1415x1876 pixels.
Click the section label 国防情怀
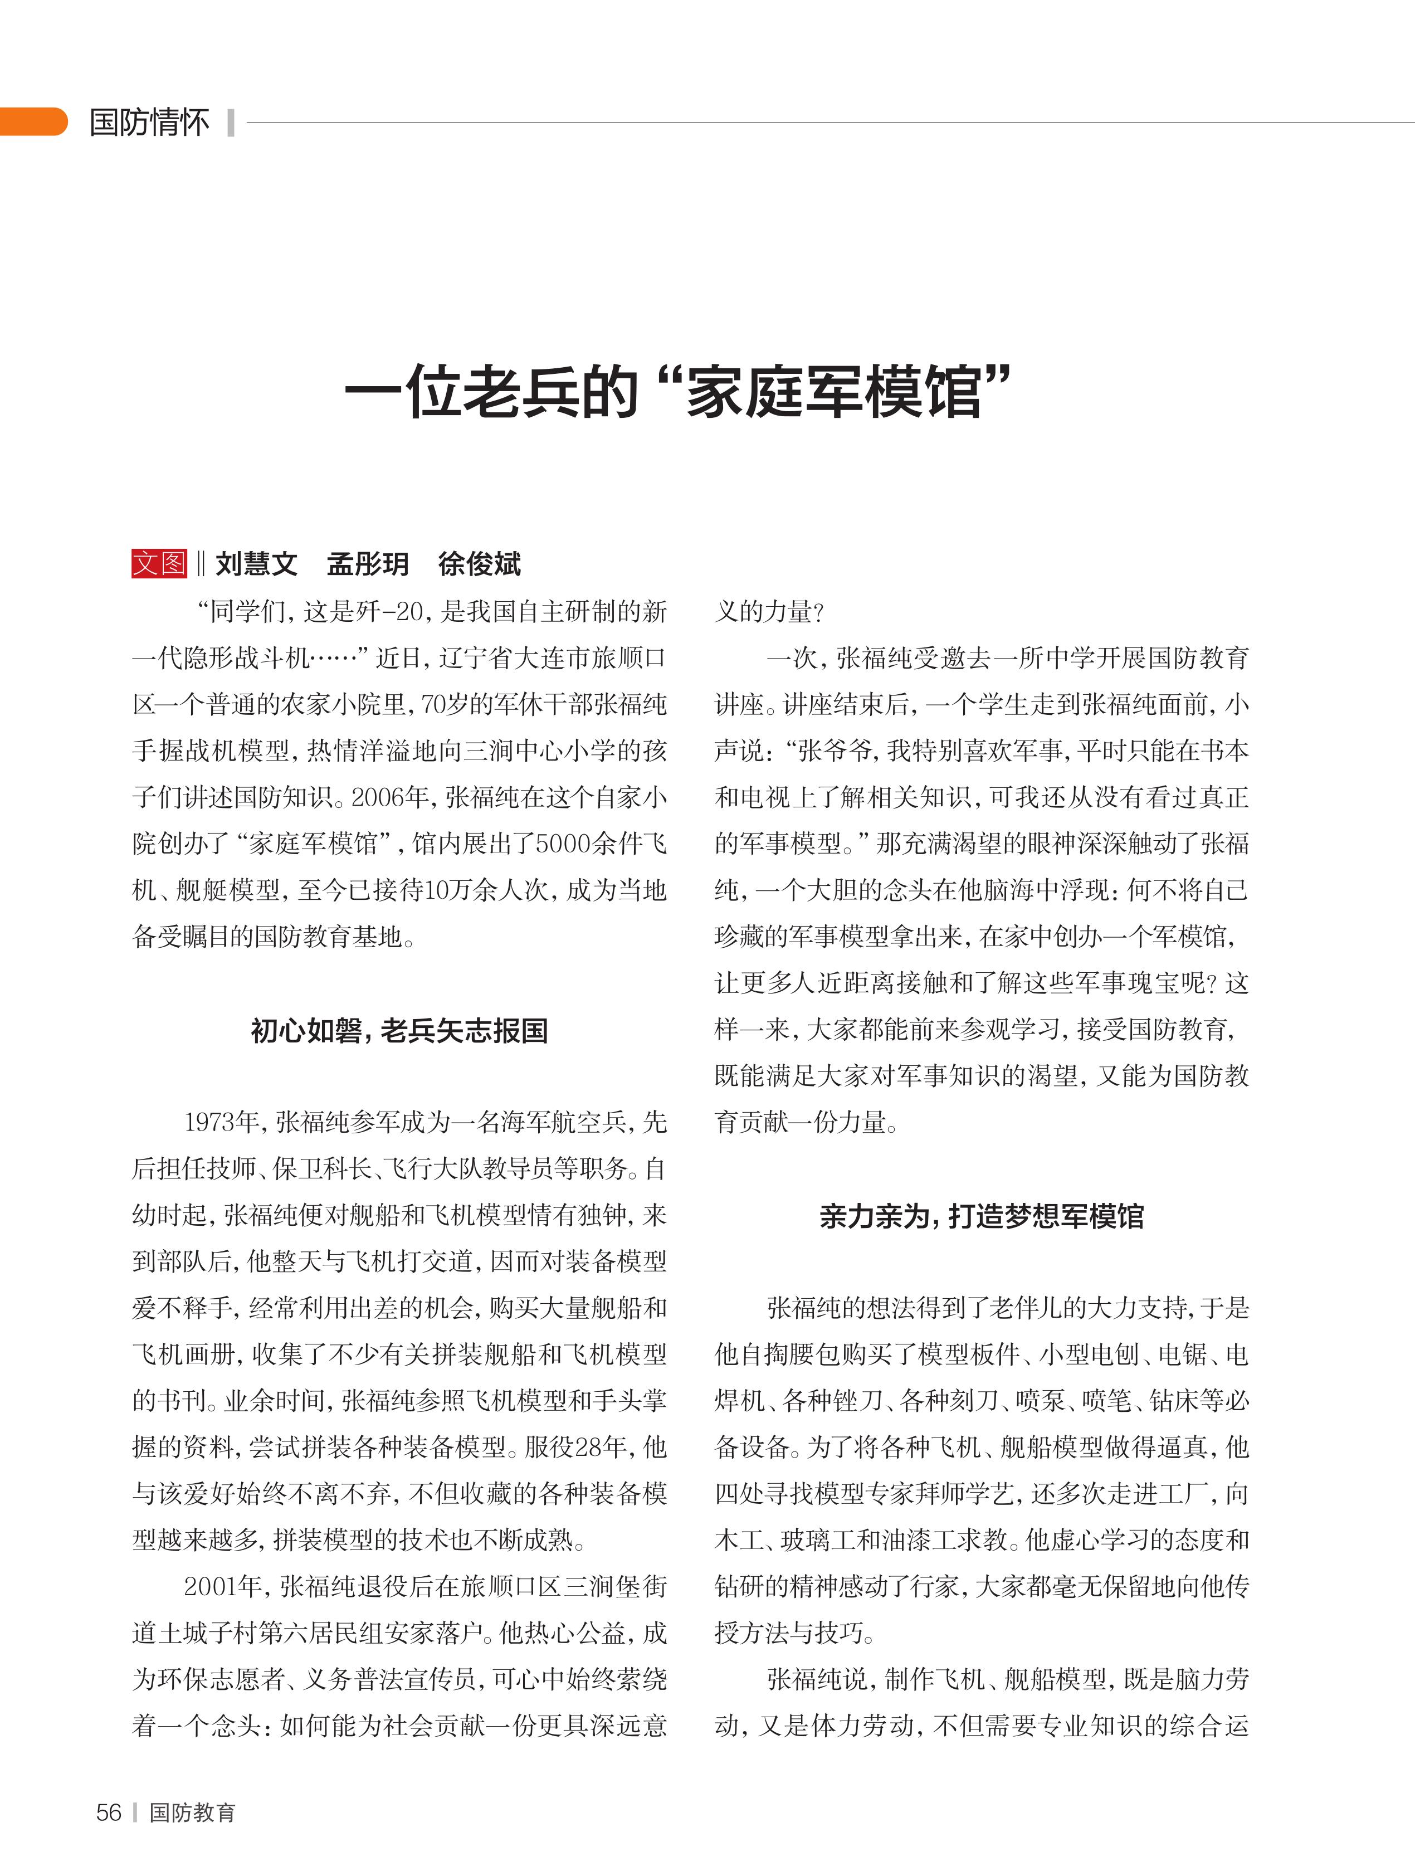pos(149,122)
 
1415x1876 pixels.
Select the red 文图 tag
pos(159,563)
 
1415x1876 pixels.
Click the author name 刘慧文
pos(256,564)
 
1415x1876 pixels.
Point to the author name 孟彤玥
pos(368,564)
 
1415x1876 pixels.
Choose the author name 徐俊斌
pos(479,564)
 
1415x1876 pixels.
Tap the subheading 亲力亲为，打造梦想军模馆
pos(981,1216)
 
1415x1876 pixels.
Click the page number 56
pos(109,1812)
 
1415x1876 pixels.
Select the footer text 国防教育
pos(192,1812)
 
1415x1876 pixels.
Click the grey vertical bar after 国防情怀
pos(231,122)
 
